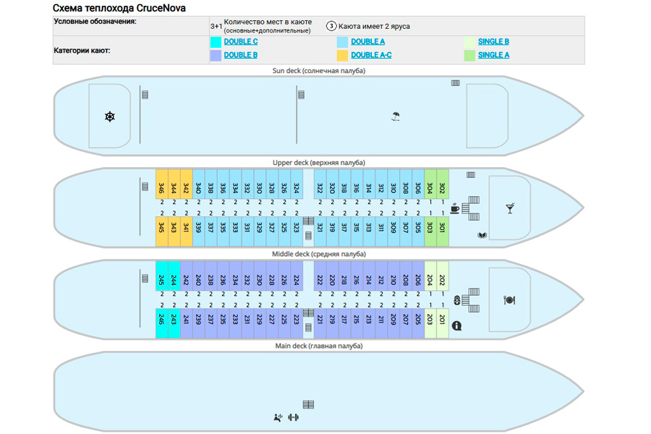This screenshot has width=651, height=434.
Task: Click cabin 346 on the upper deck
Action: tap(161, 187)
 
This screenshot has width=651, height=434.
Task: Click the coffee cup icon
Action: tap(455, 208)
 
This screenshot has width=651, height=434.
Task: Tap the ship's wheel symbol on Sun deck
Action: tap(110, 116)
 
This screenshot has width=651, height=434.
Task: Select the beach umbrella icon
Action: tap(395, 116)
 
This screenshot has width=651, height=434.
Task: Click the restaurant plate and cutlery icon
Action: tap(509, 299)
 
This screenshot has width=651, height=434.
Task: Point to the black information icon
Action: tap(456, 326)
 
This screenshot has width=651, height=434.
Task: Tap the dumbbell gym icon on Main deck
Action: tap(293, 417)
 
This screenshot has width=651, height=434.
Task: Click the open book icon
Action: tap(482, 235)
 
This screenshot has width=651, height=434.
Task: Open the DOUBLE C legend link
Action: tap(241, 42)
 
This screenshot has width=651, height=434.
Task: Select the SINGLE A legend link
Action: tap(493, 55)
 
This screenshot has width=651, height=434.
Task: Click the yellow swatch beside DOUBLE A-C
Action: tap(342, 55)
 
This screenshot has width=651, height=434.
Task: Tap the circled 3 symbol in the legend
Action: tap(331, 26)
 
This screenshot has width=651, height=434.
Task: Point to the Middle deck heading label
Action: tap(319, 255)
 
